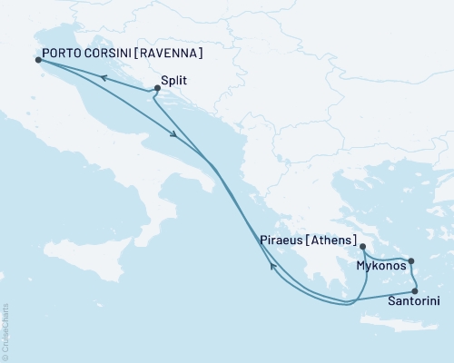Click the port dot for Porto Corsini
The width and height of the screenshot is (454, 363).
(37, 60)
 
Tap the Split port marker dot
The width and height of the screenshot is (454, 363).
(158, 88)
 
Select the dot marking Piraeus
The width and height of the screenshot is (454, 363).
(362, 246)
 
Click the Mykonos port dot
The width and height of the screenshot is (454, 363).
(410, 261)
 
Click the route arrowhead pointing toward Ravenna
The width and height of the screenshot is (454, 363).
(104, 78)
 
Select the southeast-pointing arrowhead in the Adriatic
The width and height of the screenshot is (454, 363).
(173, 136)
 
